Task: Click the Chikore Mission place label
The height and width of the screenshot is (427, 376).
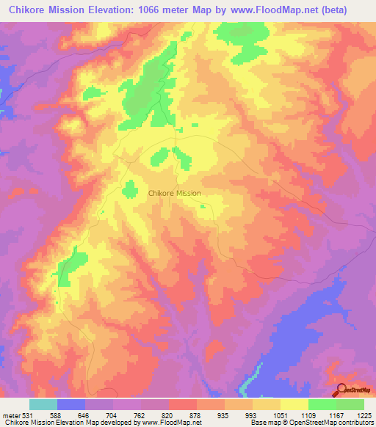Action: (174, 193)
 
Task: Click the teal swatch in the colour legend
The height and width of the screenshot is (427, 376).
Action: (43, 404)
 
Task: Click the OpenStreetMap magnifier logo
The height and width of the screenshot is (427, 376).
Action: (341, 390)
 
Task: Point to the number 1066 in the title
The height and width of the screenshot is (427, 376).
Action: (157, 10)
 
